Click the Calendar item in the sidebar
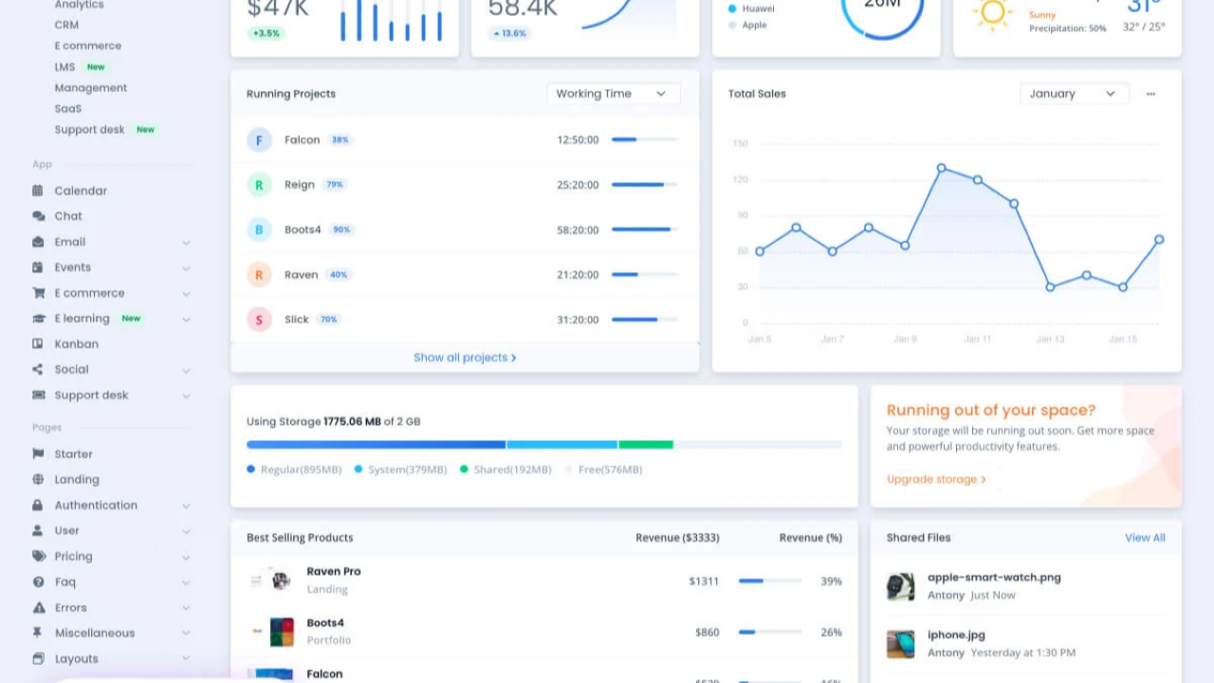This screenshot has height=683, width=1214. (81, 191)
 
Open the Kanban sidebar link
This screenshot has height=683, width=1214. (76, 344)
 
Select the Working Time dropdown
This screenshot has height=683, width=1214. (613, 94)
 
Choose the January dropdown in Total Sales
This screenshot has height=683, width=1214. (1074, 94)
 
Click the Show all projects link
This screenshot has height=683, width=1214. (465, 358)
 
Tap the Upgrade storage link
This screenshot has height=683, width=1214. (936, 479)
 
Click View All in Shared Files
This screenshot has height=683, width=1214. (1145, 538)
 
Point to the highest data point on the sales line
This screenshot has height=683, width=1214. (941, 168)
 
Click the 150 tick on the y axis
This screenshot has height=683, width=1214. (740, 144)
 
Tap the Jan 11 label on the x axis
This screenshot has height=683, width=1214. (978, 339)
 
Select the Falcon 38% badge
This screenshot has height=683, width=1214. (340, 139)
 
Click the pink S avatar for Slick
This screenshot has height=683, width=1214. (259, 320)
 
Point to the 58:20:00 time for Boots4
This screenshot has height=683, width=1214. (578, 230)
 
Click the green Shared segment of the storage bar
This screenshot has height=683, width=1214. (646, 444)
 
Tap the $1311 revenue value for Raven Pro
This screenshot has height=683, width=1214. (704, 581)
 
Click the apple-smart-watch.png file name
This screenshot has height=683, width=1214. (994, 577)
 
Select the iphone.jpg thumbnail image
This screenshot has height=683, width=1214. (900, 643)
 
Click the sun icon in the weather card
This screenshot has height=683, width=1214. (993, 12)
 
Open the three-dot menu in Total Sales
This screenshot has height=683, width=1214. (1150, 94)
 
